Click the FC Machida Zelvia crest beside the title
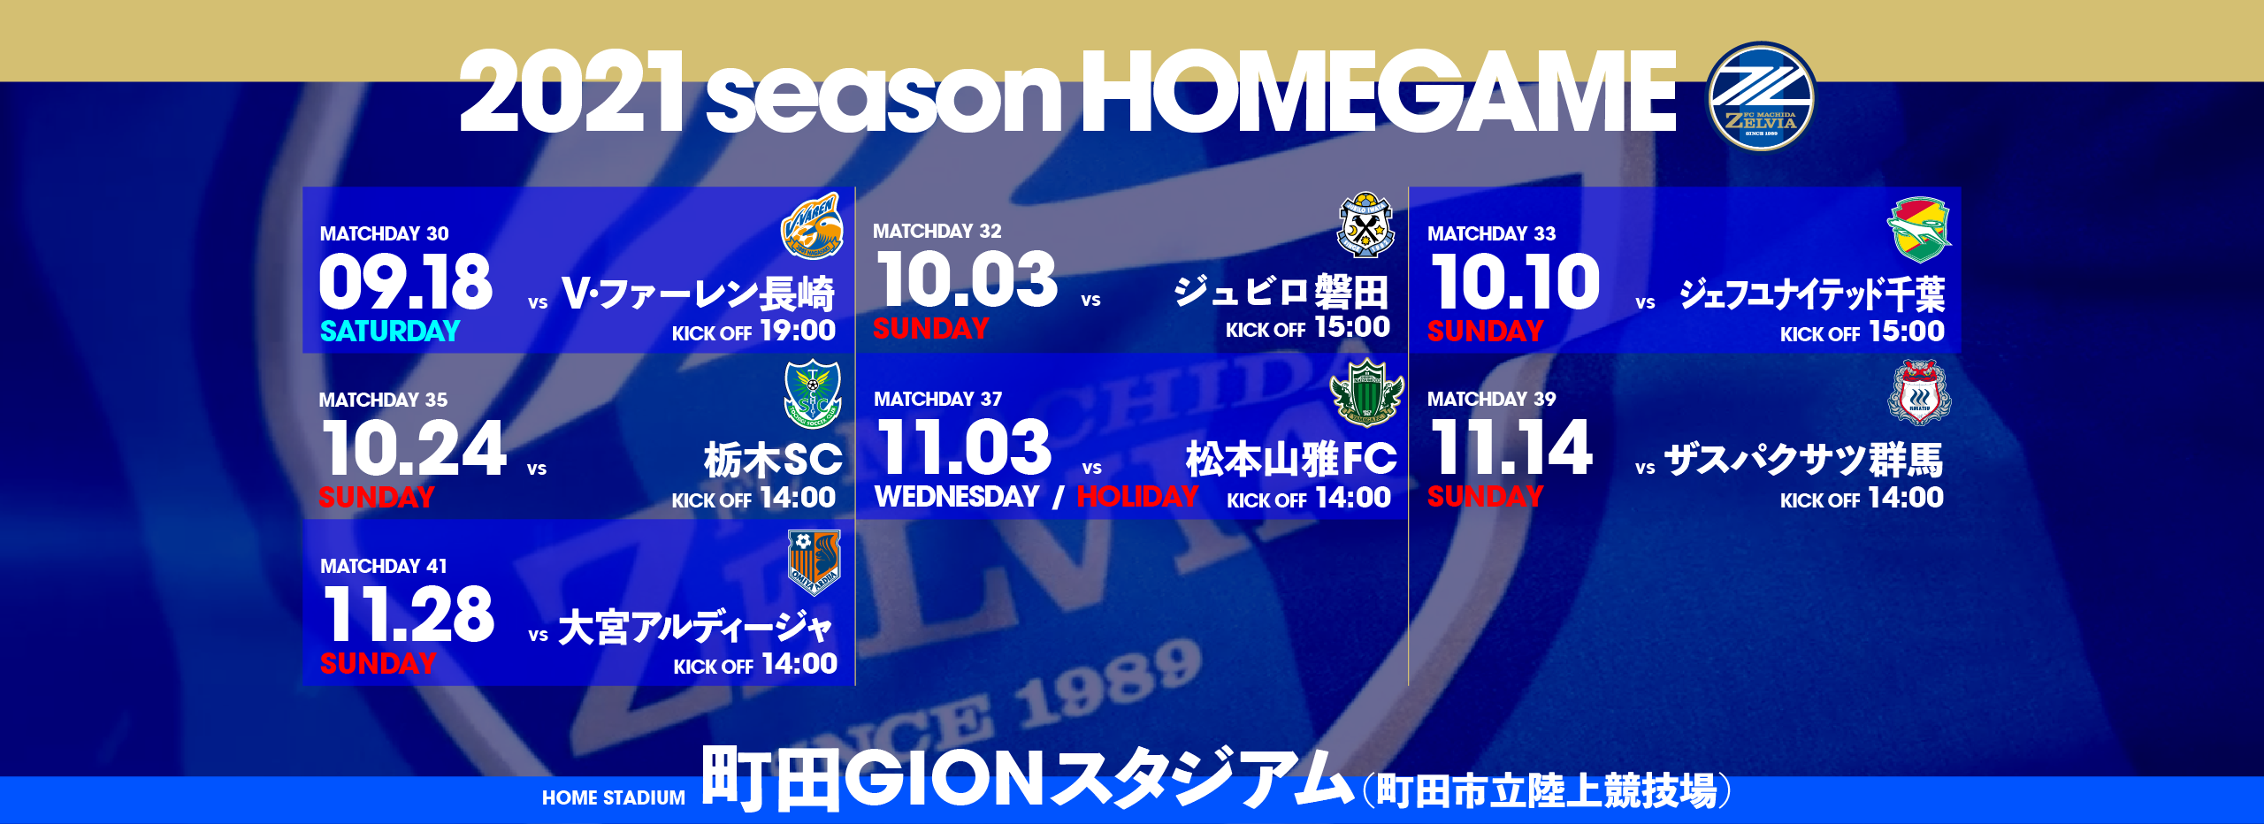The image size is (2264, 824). (x=1761, y=96)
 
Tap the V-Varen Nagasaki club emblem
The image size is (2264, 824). (x=812, y=227)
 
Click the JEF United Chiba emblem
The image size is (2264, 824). (x=1919, y=230)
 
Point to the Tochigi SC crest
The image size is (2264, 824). (x=812, y=393)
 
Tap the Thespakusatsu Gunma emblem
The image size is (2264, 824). (x=1919, y=393)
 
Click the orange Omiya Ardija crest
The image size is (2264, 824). (x=814, y=563)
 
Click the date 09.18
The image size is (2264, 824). (x=405, y=282)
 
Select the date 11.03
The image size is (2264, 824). (x=964, y=447)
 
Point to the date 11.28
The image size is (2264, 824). (x=409, y=614)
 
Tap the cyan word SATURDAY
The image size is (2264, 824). (x=390, y=331)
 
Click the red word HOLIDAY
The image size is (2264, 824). (x=1137, y=497)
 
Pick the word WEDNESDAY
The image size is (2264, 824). (x=957, y=497)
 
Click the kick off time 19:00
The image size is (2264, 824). (x=798, y=331)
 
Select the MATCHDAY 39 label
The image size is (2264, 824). (x=1491, y=399)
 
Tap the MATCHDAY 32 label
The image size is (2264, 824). (x=937, y=231)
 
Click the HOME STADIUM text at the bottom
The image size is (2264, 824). (x=613, y=797)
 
